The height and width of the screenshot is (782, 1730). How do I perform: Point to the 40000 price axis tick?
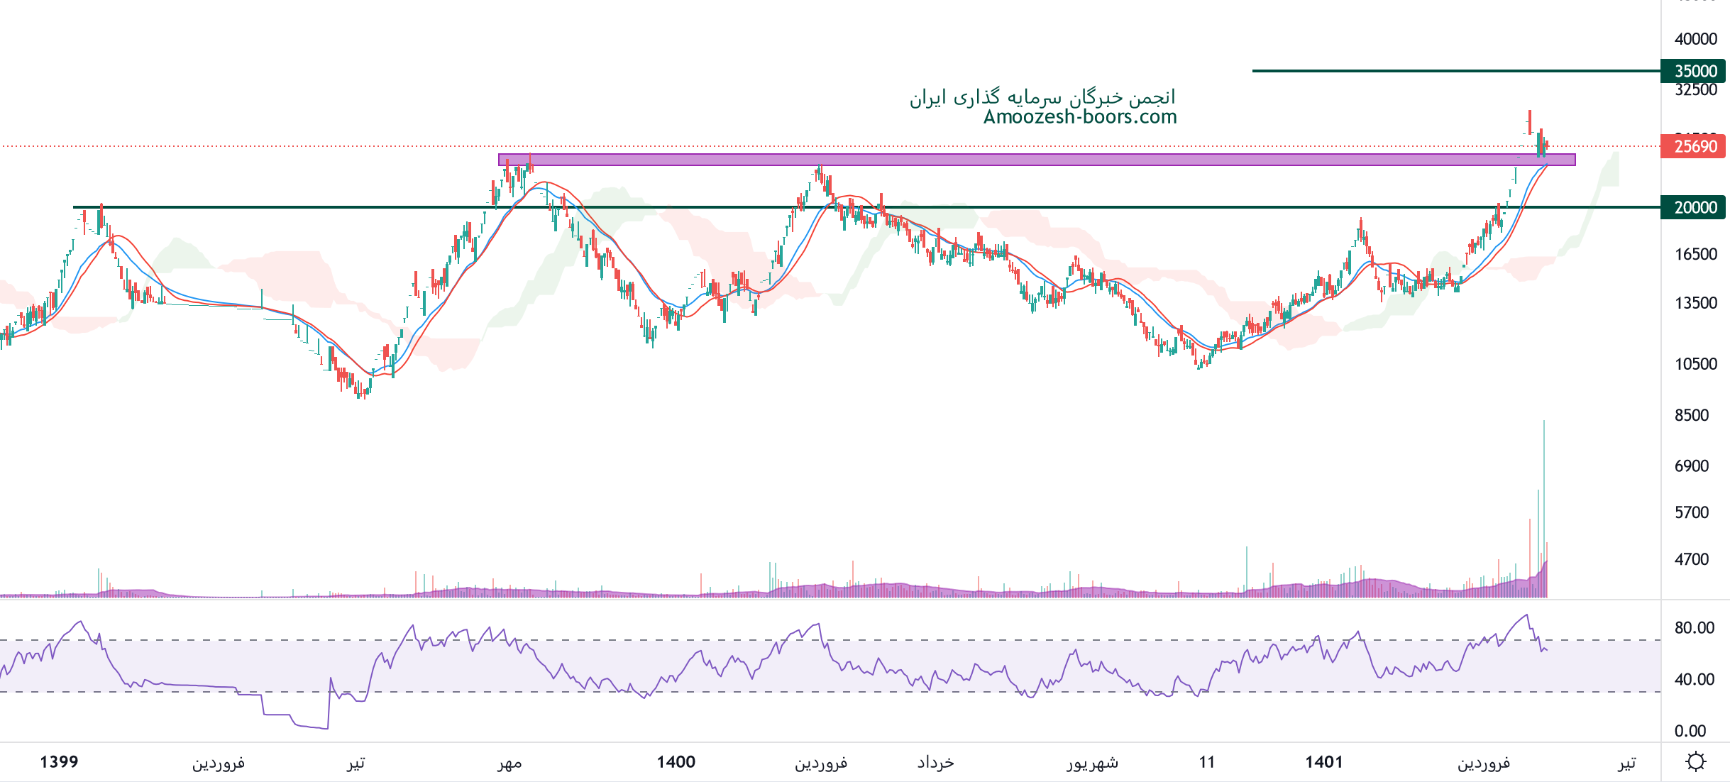pos(1695,39)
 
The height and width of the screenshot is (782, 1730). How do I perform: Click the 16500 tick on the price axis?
pos(1695,254)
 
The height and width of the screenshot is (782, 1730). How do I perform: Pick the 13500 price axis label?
pos(1695,303)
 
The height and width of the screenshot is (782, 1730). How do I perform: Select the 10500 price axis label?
pos(1695,364)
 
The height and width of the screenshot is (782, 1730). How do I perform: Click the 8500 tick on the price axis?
pos(1692,415)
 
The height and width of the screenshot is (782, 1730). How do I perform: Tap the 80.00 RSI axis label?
pos(1694,627)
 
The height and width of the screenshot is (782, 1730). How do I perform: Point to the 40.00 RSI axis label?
pos(1694,679)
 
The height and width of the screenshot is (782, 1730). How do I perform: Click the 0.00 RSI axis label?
pos(1690,731)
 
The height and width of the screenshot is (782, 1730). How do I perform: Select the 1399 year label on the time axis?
pos(59,762)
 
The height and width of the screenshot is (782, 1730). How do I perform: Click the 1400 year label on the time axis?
pos(676,762)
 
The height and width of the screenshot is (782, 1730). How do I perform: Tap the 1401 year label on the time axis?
pos(1323,762)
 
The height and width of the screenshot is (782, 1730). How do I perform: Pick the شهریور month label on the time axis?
pos(1092,763)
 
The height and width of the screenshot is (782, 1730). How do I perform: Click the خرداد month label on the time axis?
pos(935,762)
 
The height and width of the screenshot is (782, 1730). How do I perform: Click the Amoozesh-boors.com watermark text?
pos(1080,117)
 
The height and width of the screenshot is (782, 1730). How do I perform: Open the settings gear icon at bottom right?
pos(1695,762)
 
